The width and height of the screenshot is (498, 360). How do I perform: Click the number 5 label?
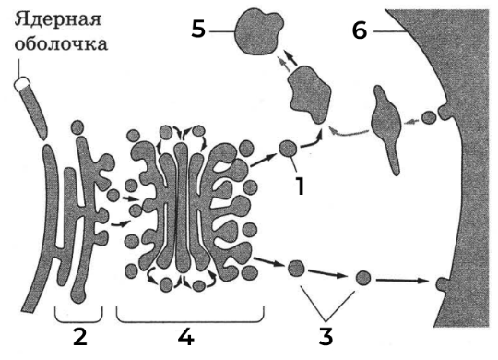pyautogui.click(x=198, y=30)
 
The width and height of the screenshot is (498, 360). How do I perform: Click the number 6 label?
pyautogui.click(x=360, y=30)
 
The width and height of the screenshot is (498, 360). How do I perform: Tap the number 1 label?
pyautogui.click(x=300, y=186)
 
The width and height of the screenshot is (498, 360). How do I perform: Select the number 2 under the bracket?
pyautogui.click(x=79, y=337)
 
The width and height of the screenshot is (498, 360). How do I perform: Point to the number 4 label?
pyautogui.click(x=186, y=337)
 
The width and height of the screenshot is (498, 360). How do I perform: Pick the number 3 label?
pyautogui.click(x=326, y=337)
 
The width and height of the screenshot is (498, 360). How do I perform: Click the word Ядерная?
pyautogui.click(x=58, y=19)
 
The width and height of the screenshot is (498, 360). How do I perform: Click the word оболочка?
pyautogui.click(x=61, y=44)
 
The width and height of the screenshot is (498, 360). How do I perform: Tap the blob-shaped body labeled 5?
pyautogui.click(x=259, y=32)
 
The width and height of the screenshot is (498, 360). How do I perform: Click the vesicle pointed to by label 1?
pyautogui.click(x=288, y=149)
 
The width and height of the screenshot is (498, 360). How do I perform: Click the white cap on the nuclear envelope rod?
pyautogui.click(x=21, y=85)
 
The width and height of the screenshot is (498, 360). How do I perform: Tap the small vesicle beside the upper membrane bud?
pyautogui.click(x=429, y=117)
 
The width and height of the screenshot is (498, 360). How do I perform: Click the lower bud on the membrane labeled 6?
pyautogui.click(x=442, y=284)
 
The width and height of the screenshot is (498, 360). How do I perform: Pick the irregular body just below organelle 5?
pyautogui.click(x=310, y=94)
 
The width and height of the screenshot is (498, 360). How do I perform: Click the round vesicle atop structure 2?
pyautogui.click(x=77, y=127)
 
